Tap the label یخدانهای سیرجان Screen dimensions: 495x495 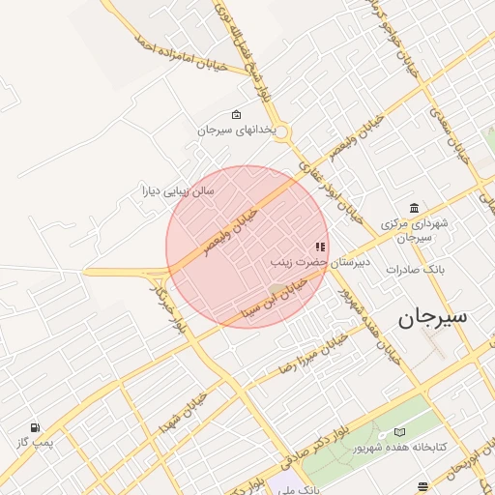[x=237, y=130]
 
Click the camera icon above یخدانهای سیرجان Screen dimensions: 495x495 [x=237, y=115]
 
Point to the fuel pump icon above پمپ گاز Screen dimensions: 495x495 [x=35, y=427]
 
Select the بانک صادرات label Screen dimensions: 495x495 [x=414, y=270]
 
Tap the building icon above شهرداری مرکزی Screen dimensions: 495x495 [x=415, y=208]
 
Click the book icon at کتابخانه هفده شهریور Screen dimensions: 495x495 [x=400, y=432]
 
